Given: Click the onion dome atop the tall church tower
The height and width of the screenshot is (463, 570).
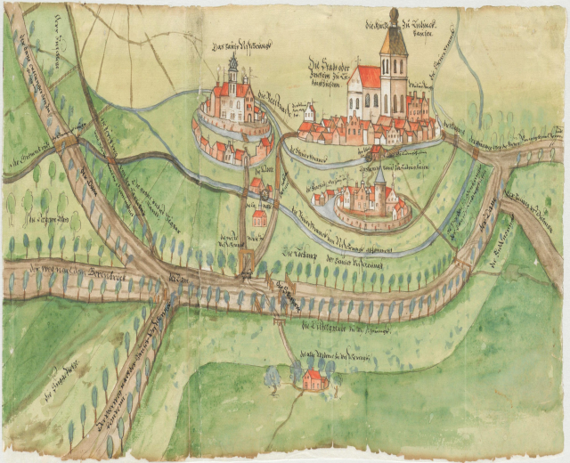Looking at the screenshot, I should pos(393,17).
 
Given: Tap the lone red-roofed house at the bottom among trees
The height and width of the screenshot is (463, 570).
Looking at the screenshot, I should pos(313,381).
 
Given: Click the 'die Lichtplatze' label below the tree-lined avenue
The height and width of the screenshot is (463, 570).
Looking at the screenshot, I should pos(338,329).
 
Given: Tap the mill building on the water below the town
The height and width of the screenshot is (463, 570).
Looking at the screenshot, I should pos(378,151).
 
